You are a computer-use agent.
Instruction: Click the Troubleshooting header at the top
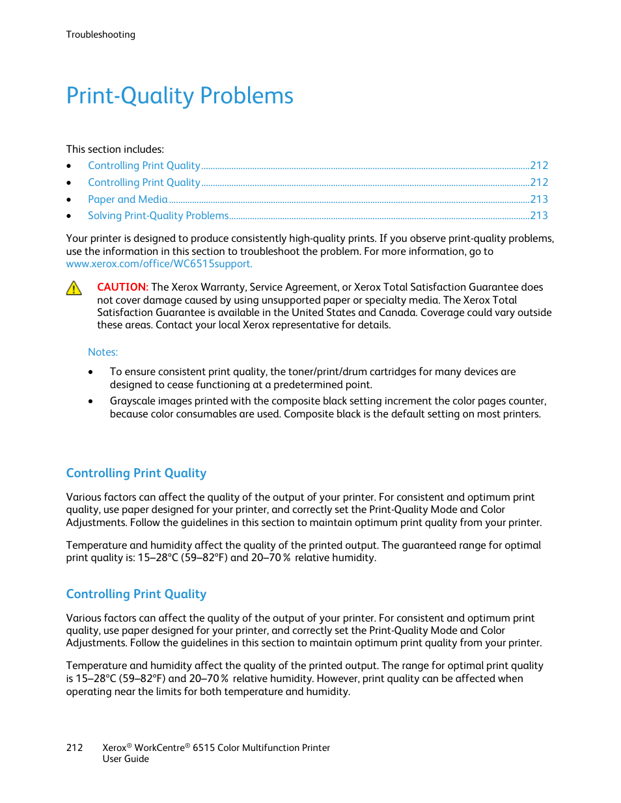[x=100, y=34]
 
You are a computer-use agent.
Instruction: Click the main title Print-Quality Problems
[x=180, y=96]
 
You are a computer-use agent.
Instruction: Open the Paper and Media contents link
[x=128, y=199]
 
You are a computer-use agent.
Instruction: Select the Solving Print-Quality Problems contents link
[x=158, y=215]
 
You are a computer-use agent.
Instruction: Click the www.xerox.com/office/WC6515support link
[x=159, y=263]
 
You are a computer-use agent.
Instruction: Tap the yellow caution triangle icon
[x=74, y=288]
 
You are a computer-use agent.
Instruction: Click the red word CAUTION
[x=122, y=287]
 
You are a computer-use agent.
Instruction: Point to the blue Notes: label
[x=103, y=352]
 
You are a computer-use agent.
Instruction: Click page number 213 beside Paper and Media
[x=539, y=199]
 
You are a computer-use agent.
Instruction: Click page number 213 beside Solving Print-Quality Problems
[x=539, y=215]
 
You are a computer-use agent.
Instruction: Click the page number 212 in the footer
[x=74, y=748]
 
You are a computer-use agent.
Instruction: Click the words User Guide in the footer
[x=126, y=759]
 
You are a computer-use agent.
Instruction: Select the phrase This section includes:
[x=115, y=149]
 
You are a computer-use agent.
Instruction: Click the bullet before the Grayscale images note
[x=91, y=401]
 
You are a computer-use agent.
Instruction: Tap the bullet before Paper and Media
[x=69, y=200]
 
